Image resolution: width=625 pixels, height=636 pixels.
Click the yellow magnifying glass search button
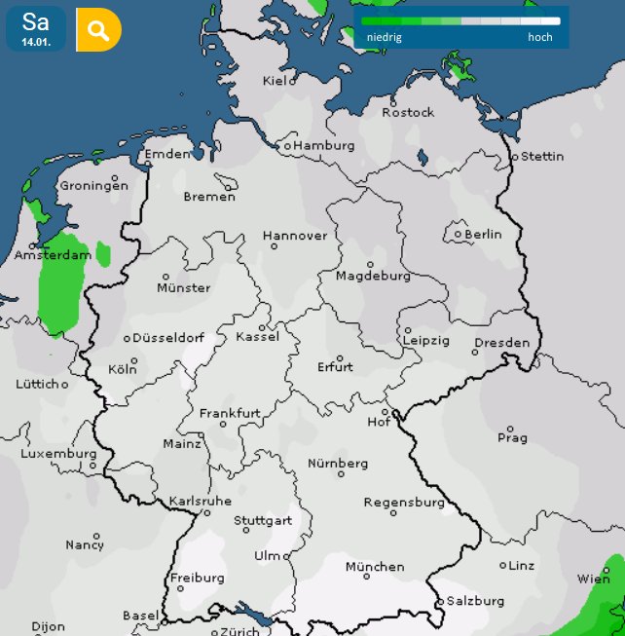[x=98, y=30]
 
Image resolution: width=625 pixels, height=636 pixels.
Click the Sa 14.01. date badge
[x=36, y=29]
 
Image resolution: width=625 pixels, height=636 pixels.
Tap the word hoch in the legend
[x=540, y=37]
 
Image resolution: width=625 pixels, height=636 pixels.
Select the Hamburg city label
[x=323, y=145]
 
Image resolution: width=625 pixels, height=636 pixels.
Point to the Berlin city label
[x=483, y=234]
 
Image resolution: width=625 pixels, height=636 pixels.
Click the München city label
[x=375, y=566]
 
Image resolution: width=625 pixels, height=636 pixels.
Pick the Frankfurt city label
[x=230, y=413]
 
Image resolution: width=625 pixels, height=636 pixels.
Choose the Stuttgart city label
[x=263, y=520]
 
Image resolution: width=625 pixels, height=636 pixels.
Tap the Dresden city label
[x=502, y=343]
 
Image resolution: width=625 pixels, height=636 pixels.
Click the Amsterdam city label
[x=52, y=255]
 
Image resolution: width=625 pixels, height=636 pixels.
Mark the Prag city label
[x=512, y=438]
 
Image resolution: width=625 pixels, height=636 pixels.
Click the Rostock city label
[x=408, y=112]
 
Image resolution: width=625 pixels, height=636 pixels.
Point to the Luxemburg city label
[x=59, y=453]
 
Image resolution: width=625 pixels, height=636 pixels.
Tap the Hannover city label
[x=295, y=236]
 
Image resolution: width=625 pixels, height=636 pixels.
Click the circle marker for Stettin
[x=515, y=156]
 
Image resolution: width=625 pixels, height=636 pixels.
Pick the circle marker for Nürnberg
[x=341, y=474]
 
